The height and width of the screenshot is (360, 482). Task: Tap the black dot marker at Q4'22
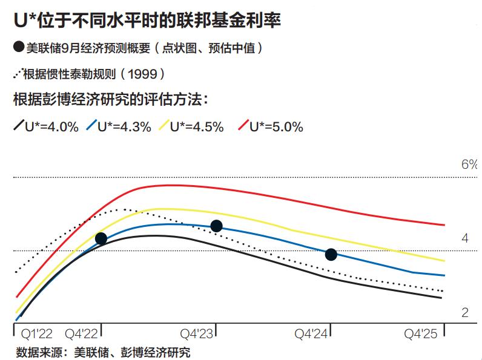pyautogui.click(x=101, y=238)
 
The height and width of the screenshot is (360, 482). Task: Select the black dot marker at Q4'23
pyautogui.click(x=216, y=226)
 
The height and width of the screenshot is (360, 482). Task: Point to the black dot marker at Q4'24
pyautogui.click(x=331, y=254)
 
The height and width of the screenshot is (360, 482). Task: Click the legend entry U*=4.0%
pyautogui.click(x=46, y=127)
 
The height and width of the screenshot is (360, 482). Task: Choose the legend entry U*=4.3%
pyautogui.click(x=119, y=127)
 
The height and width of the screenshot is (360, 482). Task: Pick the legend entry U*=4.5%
pyautogui.click(x=191, y=127)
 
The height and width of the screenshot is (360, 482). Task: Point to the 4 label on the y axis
pyautogui.click(x=465, y=238)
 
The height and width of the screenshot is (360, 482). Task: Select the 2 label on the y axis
pyautogui.click(x=465, y=313)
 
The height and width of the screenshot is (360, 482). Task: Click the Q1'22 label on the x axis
pyautogui.click(x=36, y=334)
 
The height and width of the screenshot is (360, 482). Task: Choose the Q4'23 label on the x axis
pyautogui.click(x=197, y=334)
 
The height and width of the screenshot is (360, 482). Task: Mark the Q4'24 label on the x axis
pyautogui.click(x=311, y=334)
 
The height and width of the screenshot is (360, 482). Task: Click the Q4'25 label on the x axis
pyautogui.click(x=421, y=334)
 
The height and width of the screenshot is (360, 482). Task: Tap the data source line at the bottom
pyautogui.click(x=103, y=352)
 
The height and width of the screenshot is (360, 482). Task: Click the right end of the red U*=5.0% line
pyautogui.click(x=444, y=225)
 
